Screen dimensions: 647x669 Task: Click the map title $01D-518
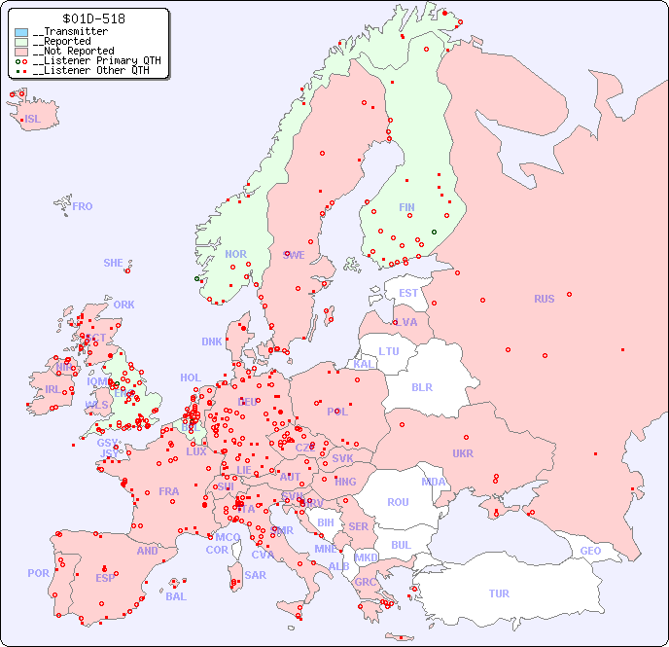point(93,18)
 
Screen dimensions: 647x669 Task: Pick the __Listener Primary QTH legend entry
point(89,61)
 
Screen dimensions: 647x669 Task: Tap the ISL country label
point(33,120)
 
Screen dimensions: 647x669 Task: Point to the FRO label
point(83,206)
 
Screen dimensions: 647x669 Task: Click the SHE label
point(113,263)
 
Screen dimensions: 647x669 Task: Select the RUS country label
point(544,299)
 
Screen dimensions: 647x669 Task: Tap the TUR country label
point(499,593)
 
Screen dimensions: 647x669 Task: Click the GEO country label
point(590,551)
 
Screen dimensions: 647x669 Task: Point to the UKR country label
point(463,453)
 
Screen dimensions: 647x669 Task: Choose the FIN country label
point(406,207)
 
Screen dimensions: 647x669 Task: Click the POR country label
point(38,573)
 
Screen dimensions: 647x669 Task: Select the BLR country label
point(422,386)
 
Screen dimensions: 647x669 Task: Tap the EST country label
point(408,293)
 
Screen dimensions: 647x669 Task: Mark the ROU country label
point(398,502)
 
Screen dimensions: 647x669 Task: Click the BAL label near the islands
point(176,596)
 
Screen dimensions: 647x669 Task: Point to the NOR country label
point(235,254)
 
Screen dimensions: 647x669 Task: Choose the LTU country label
point(389,351)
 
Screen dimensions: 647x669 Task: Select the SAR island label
point(256,575)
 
